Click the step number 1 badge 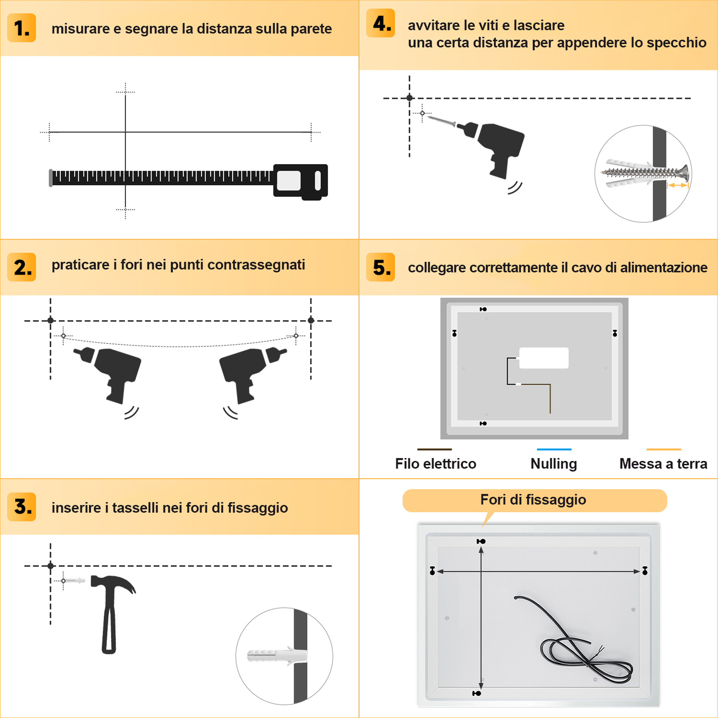[x=22, y=28]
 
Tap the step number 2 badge [x=22, y=267]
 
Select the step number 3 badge [x=22, y=507]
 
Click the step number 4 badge [x=381, y=23]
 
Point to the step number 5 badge [x=381, y=267]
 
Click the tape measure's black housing [x=300, y=182]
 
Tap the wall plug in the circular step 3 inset [x=276, y=656]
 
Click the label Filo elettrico [x=435, y=463]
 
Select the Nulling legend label [x=554, y=464]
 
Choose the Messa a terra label [x=663, y=463]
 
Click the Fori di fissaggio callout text [x=533, y=499]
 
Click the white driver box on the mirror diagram [x=544, y=358]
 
